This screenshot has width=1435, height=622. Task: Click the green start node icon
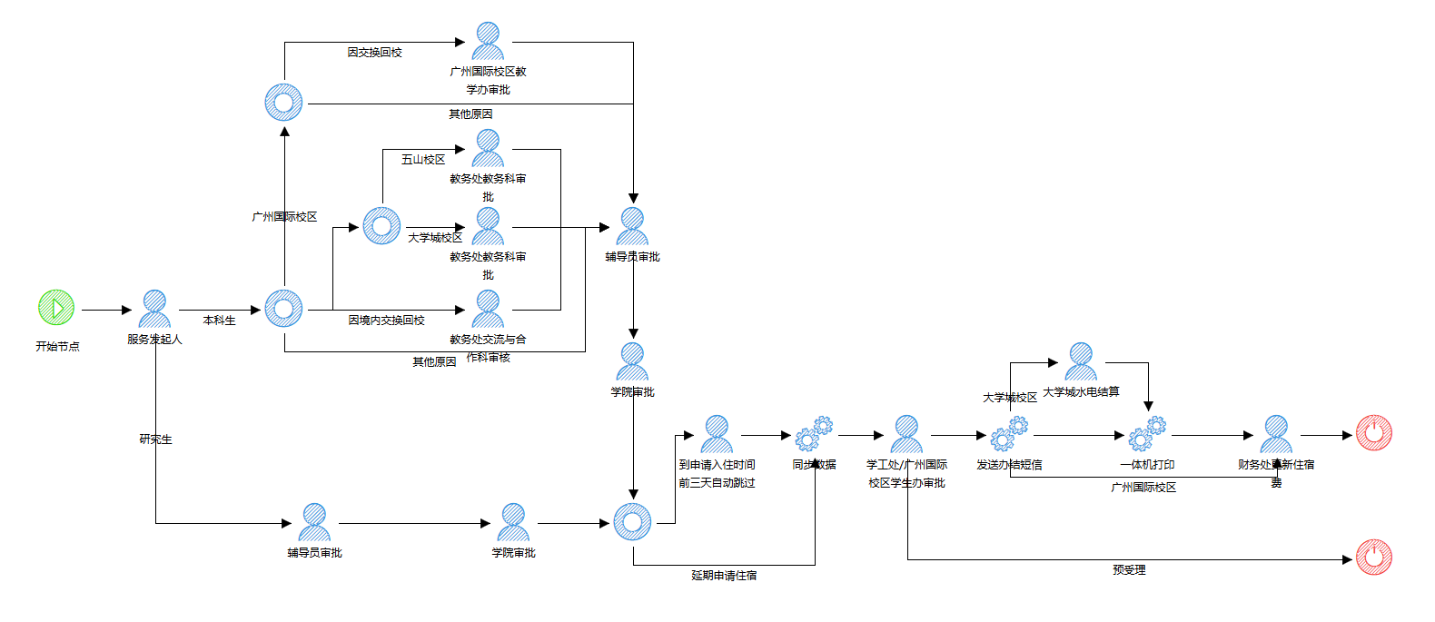point(56,308)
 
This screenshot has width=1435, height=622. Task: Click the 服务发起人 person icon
point(154,309)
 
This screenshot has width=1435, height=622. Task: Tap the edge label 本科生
point(219,321)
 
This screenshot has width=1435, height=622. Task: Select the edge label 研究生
point(155,439)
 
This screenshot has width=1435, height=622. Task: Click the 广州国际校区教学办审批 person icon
point(488,41)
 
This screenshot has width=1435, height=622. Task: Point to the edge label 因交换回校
point(374,53)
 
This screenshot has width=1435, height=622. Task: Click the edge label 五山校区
point(423,160)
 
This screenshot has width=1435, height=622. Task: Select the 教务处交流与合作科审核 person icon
point(488,309)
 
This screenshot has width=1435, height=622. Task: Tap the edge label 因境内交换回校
point(386,321)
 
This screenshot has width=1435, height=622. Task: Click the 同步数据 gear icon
point(814,434)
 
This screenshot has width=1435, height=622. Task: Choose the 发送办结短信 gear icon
point(1009,434)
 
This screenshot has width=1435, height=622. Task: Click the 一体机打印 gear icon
point(1147,434)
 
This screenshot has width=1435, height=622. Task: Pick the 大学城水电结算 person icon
point(1081,361)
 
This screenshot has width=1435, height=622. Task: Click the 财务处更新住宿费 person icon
point(1276,434)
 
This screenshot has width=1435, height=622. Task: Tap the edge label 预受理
point(1129,570)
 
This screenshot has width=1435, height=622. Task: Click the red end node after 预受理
point(1374,557)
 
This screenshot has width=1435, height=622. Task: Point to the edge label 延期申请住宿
point(724,576)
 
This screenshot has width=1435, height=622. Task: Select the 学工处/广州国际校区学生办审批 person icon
point(906,434)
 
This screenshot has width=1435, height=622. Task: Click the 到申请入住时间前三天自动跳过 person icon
point(717,434)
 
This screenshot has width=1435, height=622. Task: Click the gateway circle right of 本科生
point(283,309)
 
